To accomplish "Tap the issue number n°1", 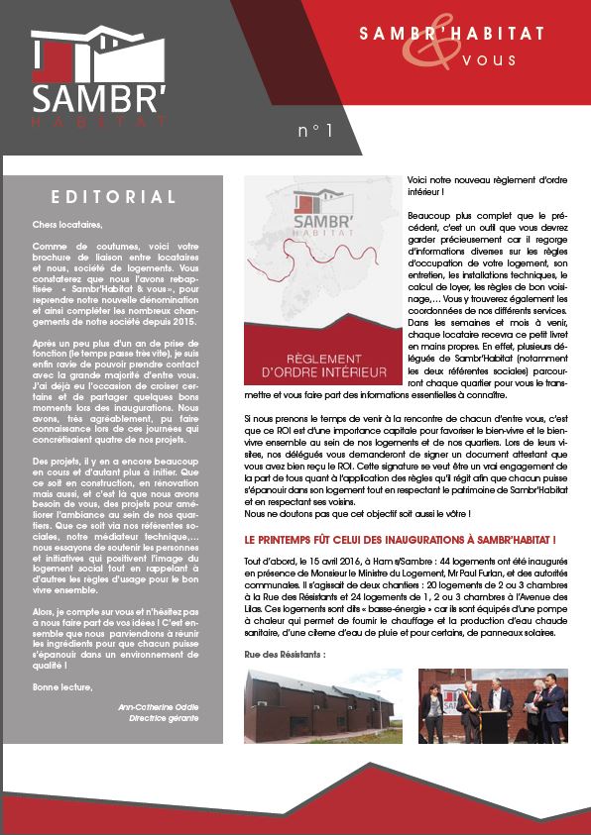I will click(315, 130).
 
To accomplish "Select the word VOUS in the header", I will click(490, 59).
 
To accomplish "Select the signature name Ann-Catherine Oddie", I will click(158, 706).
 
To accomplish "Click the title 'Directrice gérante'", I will click(164, 718).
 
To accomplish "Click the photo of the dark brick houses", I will click(323, 705).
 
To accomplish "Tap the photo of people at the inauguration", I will click(492, 705).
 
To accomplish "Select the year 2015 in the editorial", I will click(180, 323).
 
